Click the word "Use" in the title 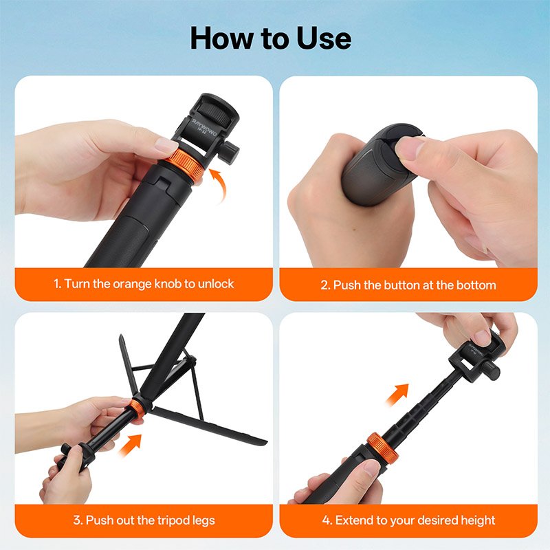(323, 38)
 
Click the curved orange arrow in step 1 (217, 185)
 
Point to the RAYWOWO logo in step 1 (204, 127)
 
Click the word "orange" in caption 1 (132, 284)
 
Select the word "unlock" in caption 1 (216, 283)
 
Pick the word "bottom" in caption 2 (476, 285)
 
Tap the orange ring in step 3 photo (137, 410)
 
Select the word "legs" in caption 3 (203, 521)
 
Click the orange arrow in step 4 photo (397, 395)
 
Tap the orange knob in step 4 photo (382, 449)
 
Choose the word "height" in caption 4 (478, 520)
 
